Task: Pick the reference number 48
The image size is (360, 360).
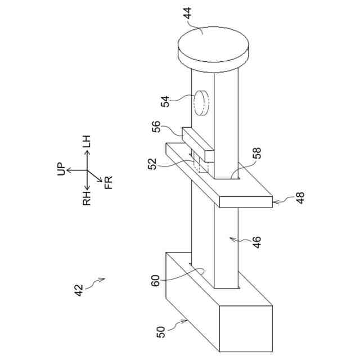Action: click(x=299, y=199)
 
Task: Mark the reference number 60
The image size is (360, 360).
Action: click(x=156, y=280)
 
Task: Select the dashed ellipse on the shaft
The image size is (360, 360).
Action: click(x=201, y=102)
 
